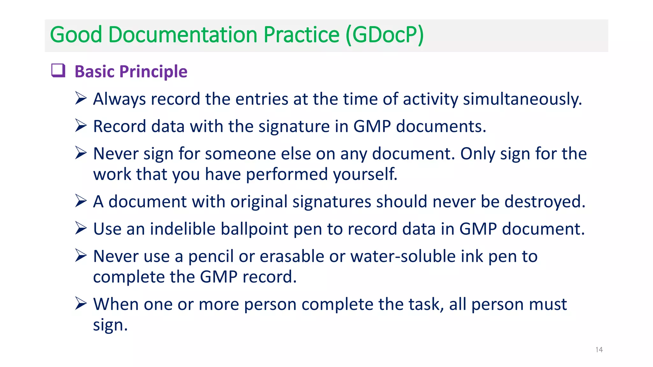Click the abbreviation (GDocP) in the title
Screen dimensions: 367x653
[x=385, y=35]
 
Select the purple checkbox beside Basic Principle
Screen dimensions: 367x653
[x=58, y=70]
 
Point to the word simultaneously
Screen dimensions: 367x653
[x=522, y=99]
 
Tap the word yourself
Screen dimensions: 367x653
[x=365, y=174]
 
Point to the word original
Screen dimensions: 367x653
[x=259, y=202]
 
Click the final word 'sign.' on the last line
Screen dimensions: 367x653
[x=110, y=325]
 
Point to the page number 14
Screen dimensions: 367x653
[x=599, y=350]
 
